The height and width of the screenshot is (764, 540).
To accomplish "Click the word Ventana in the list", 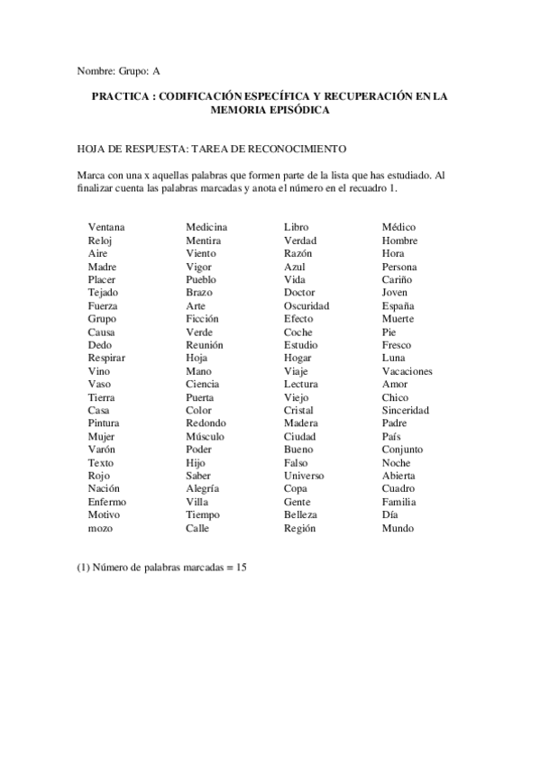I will [x=106, y=227].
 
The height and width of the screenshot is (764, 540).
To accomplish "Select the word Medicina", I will [x=206, y=227].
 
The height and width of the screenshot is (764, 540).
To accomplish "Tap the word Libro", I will [x=296, y=227].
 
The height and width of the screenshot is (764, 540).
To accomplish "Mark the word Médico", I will [x=398, y=227].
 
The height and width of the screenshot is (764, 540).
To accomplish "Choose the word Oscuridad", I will [x=307, y=305].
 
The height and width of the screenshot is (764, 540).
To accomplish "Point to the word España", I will [x=398, y=305].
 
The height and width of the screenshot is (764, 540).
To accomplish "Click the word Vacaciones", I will [x=407, y=371].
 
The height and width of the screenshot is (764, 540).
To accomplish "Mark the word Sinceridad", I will [x=405, y=410].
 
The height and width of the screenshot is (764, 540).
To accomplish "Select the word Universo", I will [x=304, y=476].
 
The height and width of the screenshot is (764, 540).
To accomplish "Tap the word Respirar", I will [x=107, y=358].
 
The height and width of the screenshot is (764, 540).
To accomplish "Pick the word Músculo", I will [x=205, y=437].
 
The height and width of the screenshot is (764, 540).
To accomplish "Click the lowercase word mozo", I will [x=100, y=529].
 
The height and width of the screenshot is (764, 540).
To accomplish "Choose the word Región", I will [x=299, y=529].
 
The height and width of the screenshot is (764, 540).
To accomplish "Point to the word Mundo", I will [x=398, y=529].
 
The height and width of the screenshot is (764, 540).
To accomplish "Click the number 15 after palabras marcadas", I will [x=242, y=568].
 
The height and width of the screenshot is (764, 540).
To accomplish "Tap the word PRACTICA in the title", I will [x=120, y=95].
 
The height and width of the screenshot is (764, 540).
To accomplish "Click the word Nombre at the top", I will [x=96, y=69].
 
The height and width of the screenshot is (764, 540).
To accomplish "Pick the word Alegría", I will [x=202, y=489].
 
